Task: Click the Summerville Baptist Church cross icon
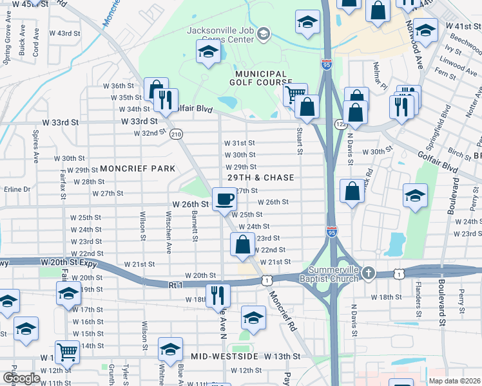368,272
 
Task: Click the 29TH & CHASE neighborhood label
261,178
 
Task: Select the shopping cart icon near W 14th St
67,352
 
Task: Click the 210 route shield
176,134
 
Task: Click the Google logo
21,378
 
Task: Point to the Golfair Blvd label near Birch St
441,165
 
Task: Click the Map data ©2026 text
452,380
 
